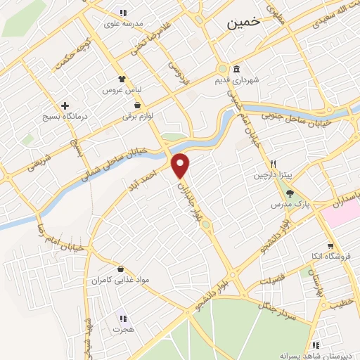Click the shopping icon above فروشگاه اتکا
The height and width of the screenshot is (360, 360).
pos(312,245)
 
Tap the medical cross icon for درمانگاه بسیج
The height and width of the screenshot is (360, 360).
pos(65,105)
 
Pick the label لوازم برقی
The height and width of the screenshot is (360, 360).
pos(139,116)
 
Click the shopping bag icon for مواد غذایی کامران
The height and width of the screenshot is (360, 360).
pos(122,269)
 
